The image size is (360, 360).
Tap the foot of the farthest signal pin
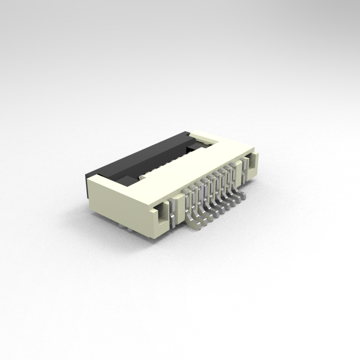tap(244, 194)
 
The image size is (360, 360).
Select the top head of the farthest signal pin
tap(234, 165)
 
